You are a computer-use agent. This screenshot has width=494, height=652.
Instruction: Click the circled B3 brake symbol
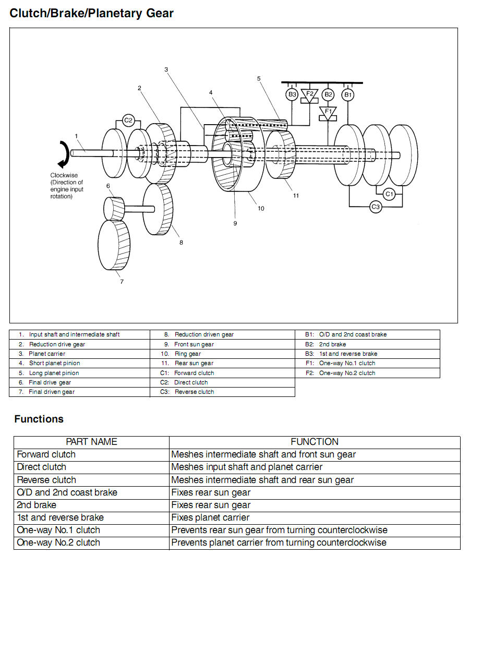click(292, 94)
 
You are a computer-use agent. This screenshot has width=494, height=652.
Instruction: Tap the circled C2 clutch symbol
click(128, 120)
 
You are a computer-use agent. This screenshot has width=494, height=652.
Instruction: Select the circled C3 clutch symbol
click(376, 207)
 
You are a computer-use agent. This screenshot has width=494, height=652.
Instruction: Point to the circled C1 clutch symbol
click(389, 194)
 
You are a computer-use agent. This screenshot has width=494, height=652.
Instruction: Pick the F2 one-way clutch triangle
click(309, 95)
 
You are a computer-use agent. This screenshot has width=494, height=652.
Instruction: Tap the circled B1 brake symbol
click(347, 94)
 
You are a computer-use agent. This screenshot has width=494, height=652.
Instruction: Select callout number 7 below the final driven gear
click(122, 282)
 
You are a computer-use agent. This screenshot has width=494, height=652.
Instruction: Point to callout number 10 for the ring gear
click(261, 208)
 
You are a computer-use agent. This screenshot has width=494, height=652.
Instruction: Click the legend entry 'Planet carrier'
click(47, 354)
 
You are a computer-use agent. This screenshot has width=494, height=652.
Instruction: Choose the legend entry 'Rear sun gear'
click(194, 363)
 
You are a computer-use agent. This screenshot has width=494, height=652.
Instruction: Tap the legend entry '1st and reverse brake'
click(348, 354)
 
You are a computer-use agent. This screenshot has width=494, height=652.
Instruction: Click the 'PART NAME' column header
click(91, 442)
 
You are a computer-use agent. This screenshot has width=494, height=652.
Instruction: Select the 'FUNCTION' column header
click(315, 442)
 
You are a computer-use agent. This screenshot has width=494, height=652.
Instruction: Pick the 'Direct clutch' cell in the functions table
click(42, 467)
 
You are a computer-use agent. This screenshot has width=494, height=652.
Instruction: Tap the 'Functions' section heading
click(39, 419)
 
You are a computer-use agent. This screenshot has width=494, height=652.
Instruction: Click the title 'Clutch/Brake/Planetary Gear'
click(91, 14)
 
